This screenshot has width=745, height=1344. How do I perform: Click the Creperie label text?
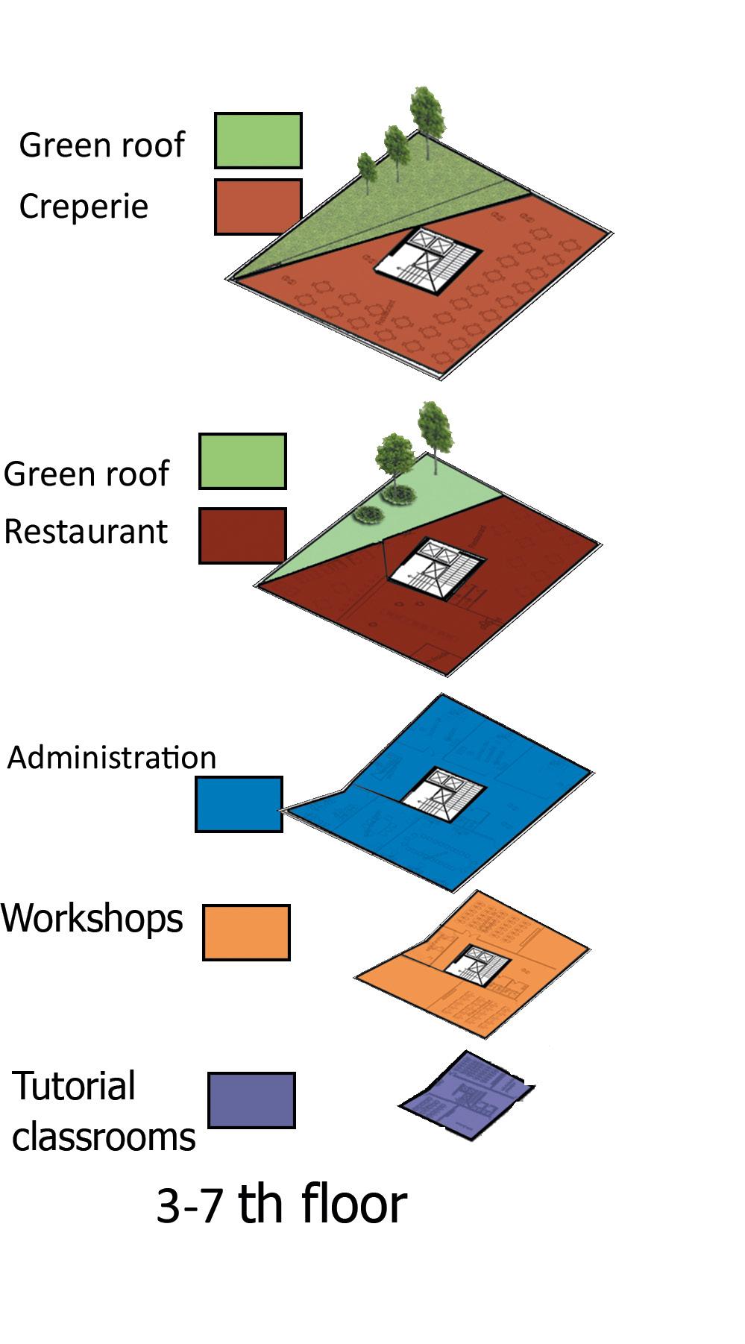(x=84, y=207)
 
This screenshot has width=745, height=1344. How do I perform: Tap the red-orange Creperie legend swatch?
(x=257, y=207)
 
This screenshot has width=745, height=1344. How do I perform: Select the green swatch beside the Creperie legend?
(x=258, y=140)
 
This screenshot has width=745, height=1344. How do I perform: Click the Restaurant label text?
(x=86, y=532)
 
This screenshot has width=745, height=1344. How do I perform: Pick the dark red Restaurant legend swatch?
(x=242, y=536)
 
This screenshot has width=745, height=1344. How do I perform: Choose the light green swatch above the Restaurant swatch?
(x=242, y=462)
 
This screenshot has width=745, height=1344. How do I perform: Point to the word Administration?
(x=112, y=758)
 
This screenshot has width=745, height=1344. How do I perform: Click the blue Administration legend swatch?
(x=239, y=804)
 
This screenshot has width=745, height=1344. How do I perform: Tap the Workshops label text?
(x=92, y=918)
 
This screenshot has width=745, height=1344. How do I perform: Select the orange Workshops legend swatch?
(x=246, y=932)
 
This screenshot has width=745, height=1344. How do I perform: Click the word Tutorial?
(x=74, y=1086)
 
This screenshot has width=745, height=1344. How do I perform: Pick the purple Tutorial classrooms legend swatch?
(x=251, y=1100)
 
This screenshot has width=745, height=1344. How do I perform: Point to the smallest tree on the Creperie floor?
(x=367, y=170)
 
